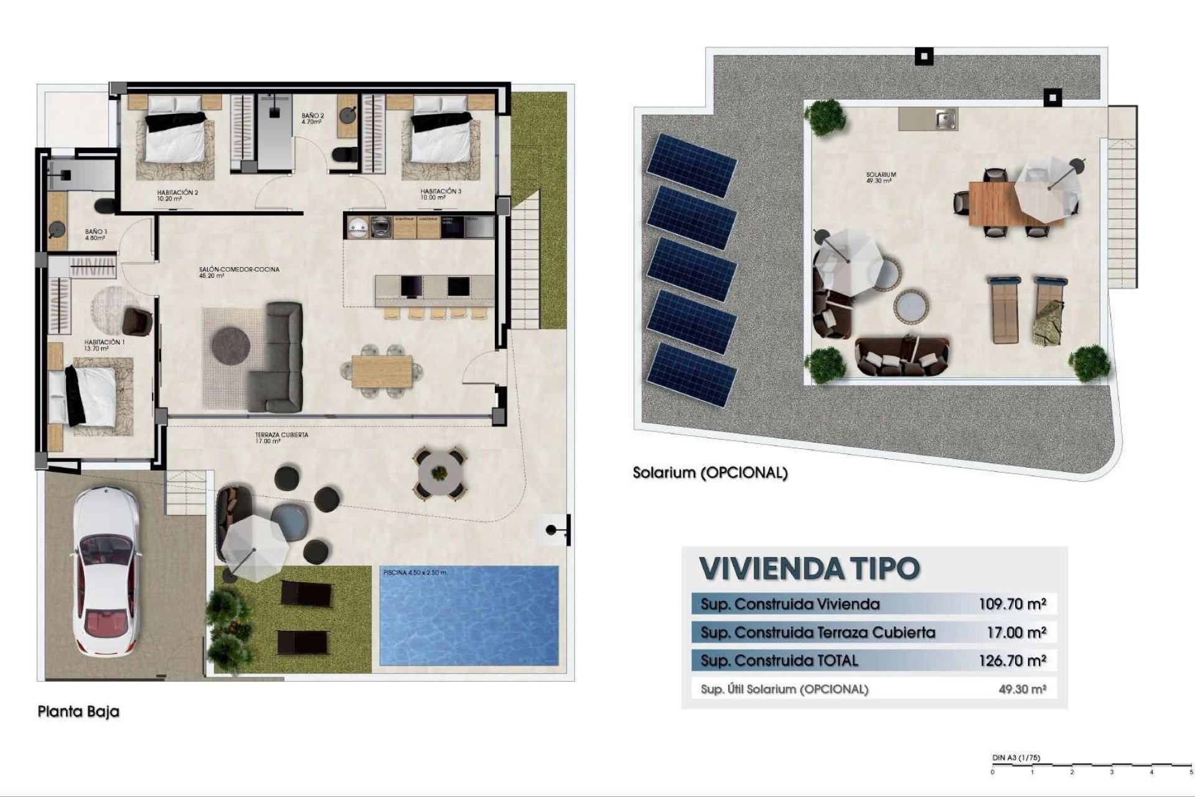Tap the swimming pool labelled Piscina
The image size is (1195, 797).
click(469, 615)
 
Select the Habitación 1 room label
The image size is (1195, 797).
click(105, 342)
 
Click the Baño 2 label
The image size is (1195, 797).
click(312, 116)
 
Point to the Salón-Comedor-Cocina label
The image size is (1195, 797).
click(239, 270)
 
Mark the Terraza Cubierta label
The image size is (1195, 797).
click(281, 435)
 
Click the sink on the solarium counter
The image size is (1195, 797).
click(945, 117)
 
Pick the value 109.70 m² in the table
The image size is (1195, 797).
click(1013, 603)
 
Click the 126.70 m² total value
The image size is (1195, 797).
click(1013, 661)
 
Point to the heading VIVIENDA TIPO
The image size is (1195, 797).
click(809, 568)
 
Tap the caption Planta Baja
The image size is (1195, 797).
click(78, 711)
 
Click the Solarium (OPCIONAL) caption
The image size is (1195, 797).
click(710, 473)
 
